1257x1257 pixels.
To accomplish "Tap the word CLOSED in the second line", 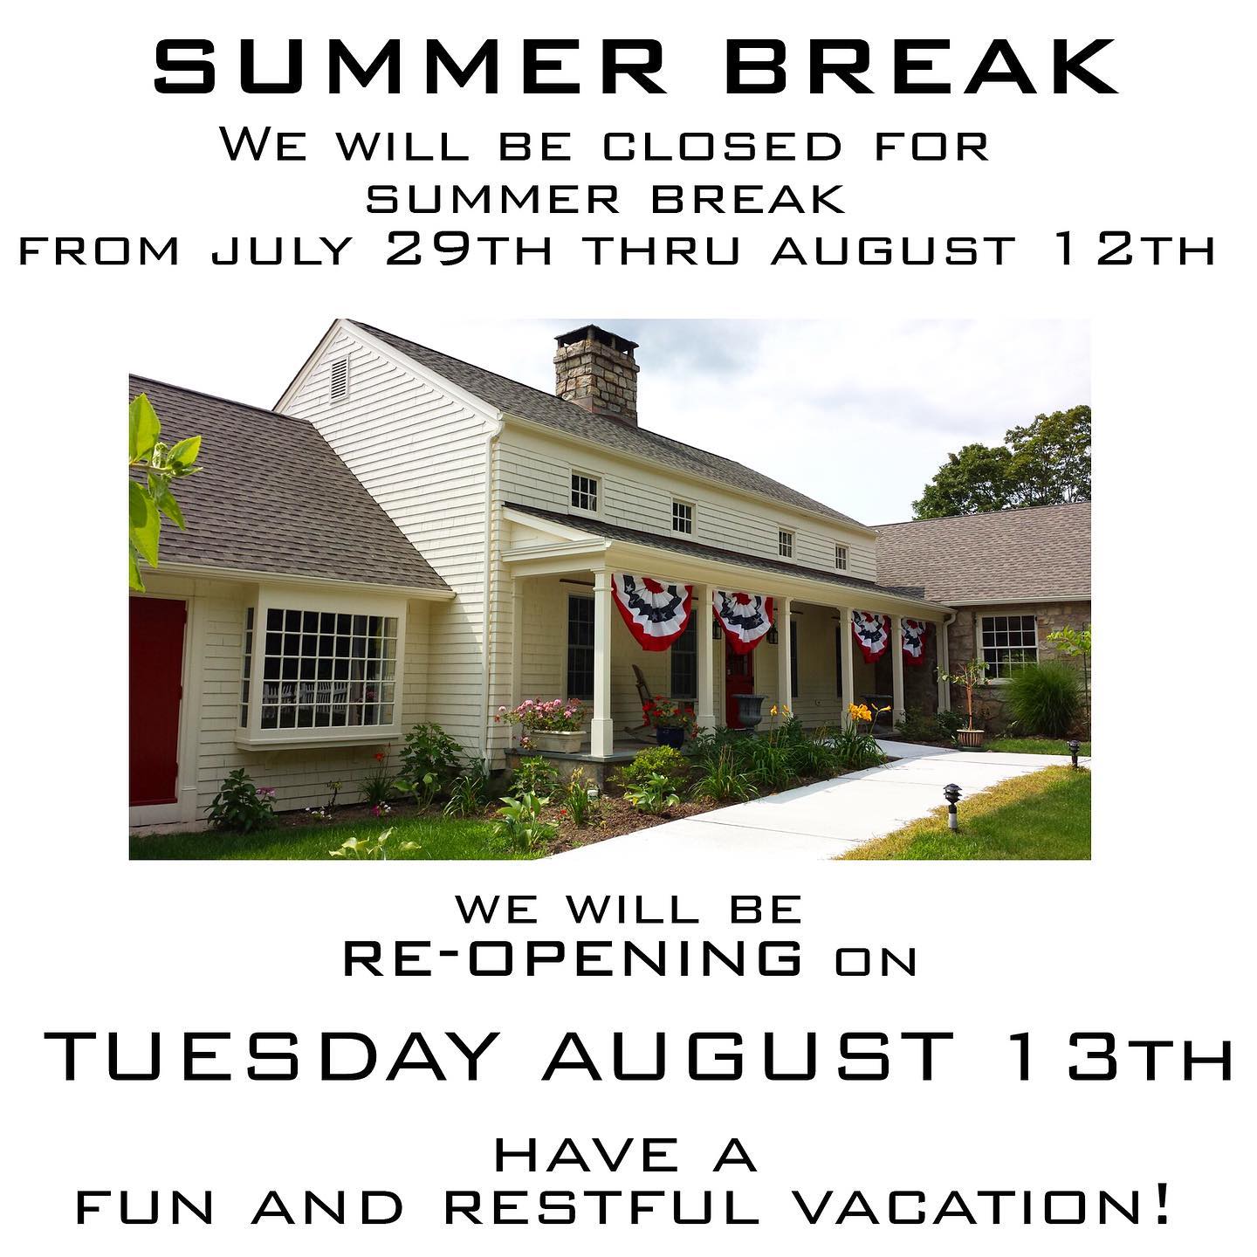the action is pos(722,147).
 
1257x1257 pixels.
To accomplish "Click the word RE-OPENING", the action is pos(572,958).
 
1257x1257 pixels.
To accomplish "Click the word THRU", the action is pos(663,251).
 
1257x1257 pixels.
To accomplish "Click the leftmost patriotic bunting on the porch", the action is pos(651,611).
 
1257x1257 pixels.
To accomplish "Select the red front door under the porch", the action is pos(738,685).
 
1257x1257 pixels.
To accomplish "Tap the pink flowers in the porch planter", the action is pos(544,713).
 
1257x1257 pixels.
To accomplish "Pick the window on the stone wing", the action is pos(1008,646).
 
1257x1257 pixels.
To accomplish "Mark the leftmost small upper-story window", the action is pos(584,492).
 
